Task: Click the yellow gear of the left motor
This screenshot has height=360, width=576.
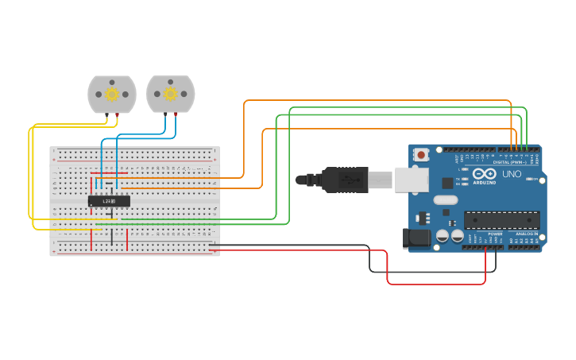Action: coord(112,95)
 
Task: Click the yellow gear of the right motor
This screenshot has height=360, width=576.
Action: coord(170,95)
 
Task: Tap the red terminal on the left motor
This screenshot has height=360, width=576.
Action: coord(118,116)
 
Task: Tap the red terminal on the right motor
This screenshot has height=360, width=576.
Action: coord(176,115)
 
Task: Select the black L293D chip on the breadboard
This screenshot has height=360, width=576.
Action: coord(109,202)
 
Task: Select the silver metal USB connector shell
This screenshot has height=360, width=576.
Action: coord(379,180)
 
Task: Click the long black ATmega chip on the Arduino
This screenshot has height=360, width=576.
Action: coord(502,219)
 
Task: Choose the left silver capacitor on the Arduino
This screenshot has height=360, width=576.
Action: coord(443,237)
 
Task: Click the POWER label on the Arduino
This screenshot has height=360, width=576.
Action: coord(495,234)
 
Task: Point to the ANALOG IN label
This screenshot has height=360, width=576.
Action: coord(525,234)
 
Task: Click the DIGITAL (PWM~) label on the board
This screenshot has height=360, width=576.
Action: coord(508,162)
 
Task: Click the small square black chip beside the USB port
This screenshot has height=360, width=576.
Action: coord(447,182)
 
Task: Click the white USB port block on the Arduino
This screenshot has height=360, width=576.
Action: coord(412,180)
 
